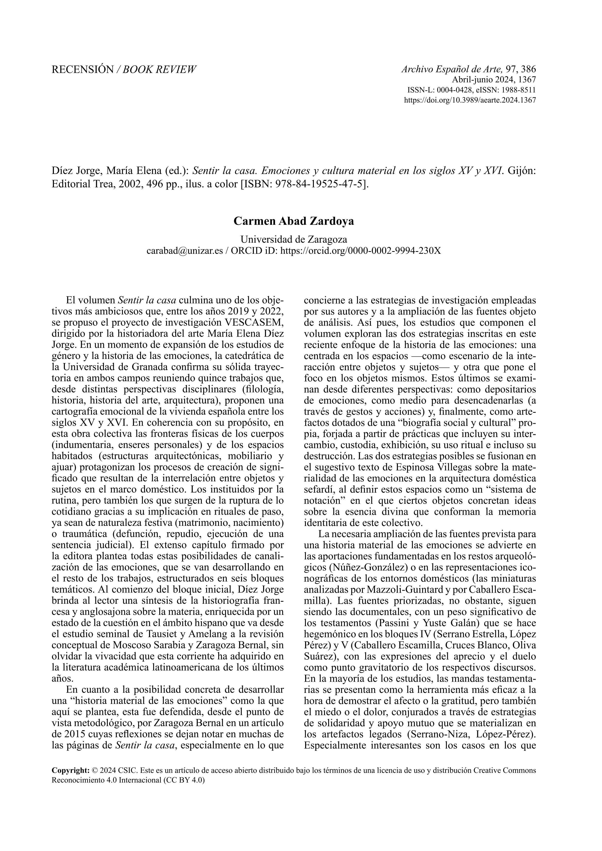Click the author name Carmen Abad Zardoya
point(293,221)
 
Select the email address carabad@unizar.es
point(184,251)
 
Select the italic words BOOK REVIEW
point(160,69)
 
